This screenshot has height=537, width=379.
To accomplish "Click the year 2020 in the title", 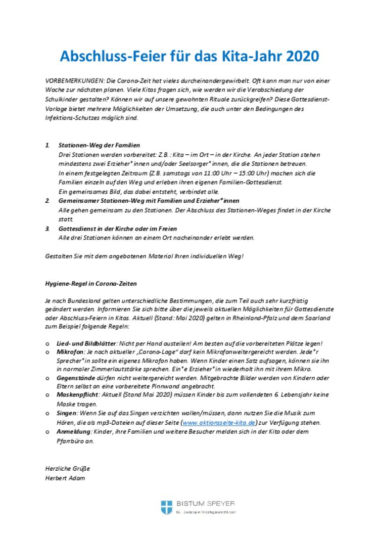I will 302,56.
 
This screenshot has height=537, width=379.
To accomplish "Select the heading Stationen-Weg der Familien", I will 99,145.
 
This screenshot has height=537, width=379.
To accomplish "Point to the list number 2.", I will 48,201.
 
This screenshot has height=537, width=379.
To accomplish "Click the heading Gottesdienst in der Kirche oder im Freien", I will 118,229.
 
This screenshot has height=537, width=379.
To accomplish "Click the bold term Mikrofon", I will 71,352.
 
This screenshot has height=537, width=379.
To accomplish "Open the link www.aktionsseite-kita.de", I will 218,422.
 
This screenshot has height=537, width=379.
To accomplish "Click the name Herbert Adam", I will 65,478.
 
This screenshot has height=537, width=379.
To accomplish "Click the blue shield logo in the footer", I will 167,507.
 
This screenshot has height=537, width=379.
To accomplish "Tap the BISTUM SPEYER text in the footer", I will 205,504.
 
